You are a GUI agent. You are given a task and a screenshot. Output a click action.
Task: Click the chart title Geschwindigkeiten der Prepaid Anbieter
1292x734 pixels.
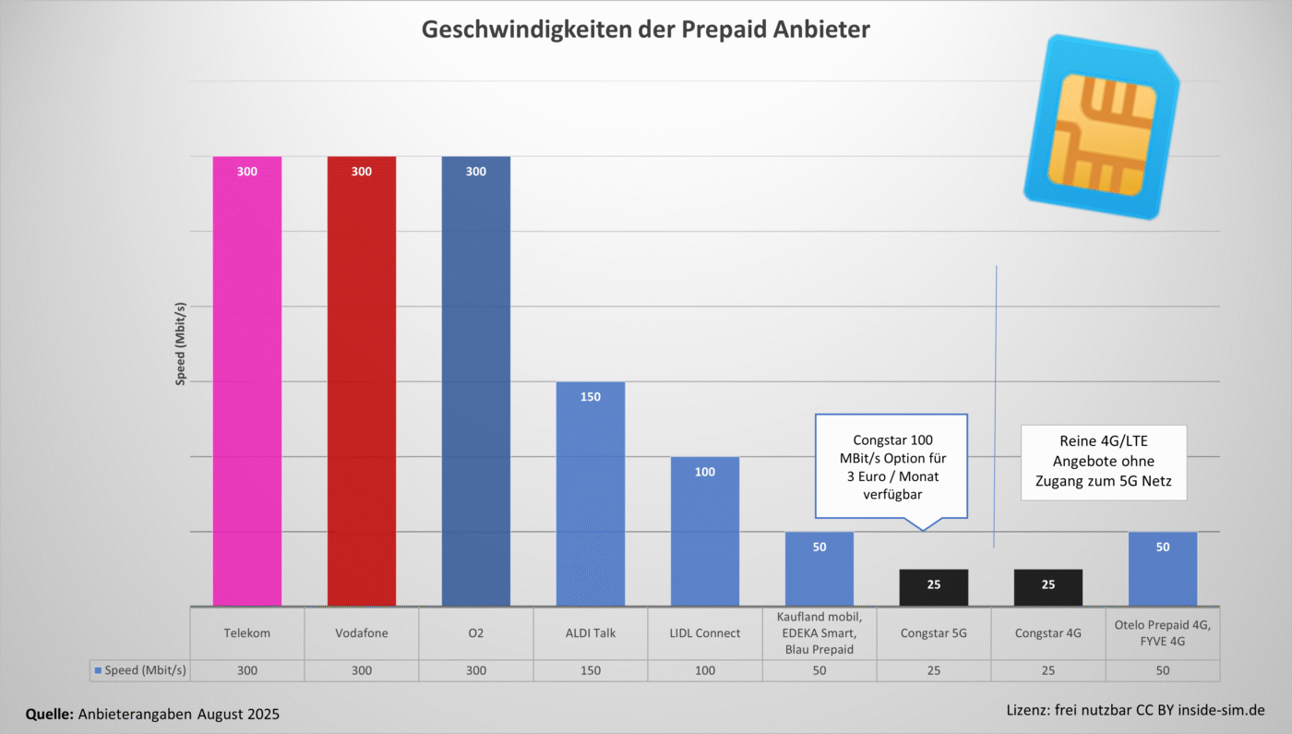coord(645,30)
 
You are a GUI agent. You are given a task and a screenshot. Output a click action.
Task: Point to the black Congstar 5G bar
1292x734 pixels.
coord(933,587)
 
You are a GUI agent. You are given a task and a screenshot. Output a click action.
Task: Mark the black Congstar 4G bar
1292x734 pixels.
coord(1047,587)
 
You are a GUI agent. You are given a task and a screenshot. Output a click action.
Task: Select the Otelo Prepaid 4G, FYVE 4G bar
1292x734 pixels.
coord(1162,569)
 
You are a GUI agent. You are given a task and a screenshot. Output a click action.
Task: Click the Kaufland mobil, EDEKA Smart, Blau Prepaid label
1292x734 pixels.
coord(819,633)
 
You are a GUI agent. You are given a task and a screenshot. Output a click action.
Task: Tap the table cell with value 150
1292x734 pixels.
coord(590,671)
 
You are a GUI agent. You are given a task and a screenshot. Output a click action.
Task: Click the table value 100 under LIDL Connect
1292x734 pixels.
coord(704,671)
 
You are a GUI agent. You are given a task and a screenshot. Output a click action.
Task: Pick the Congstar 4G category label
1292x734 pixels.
coord(1047,633)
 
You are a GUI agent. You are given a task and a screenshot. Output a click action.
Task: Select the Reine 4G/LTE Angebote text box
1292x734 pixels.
coord(1103,462)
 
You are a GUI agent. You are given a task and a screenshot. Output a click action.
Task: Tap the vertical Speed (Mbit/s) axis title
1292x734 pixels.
coord(181,343)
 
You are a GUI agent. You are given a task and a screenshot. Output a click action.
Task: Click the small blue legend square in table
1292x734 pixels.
coord(98,671)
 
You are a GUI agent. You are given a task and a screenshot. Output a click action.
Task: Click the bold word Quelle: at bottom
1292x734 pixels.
coord(50,714)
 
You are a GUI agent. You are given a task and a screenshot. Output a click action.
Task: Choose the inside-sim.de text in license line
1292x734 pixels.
coord(1220,710)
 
